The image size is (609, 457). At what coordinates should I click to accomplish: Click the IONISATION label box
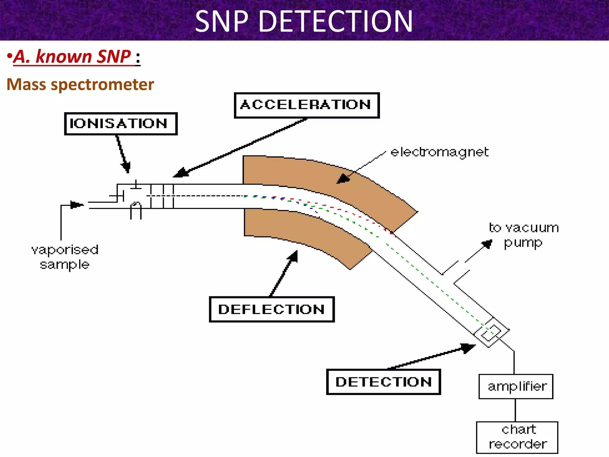(121, 124)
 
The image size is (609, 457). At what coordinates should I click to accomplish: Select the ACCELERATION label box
(307, 105)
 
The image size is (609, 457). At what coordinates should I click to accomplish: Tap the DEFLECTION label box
(271, 309)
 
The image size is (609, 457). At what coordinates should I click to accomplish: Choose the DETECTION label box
(383, 382)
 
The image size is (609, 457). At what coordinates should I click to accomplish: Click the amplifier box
(516, 386)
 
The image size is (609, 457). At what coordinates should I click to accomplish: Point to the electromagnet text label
(439, 152)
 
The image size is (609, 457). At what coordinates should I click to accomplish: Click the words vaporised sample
(65, 257)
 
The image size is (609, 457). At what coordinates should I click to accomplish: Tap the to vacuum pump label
(523, 235)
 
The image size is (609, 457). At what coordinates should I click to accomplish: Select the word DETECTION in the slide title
(335, 21)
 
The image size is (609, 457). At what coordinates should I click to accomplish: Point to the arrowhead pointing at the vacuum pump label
(487, 244)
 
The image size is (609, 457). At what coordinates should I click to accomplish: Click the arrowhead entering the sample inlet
(77, 205)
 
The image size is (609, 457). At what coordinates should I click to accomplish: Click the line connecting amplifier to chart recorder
(515, 410)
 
